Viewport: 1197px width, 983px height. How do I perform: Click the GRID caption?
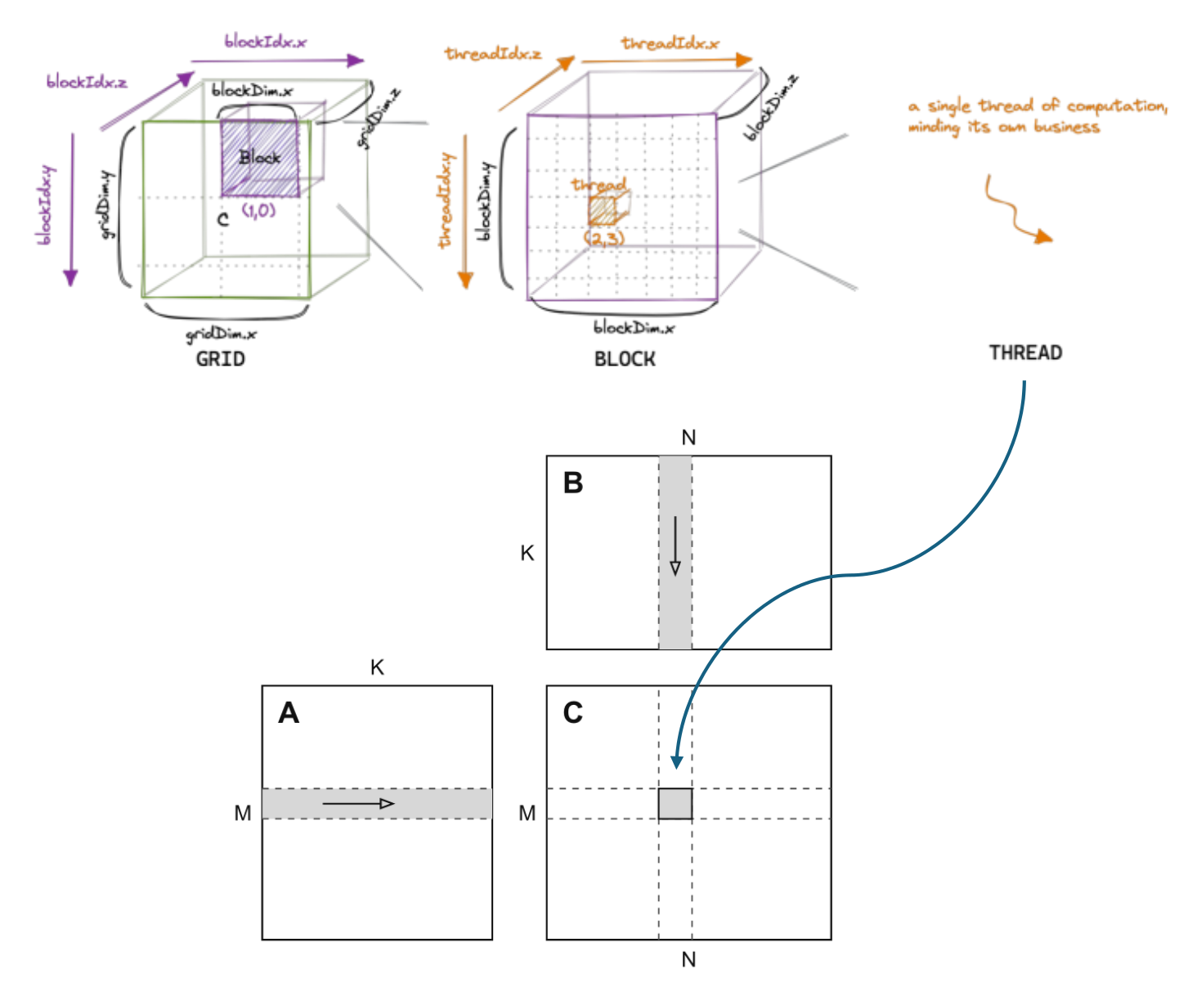click(x=220, y=359)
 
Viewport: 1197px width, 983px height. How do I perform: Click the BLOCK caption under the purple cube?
click(x=625, y=359)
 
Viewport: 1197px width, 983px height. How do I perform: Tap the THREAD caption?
click(x=1025, y=352)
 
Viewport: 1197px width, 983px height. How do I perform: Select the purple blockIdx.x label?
click(x=265, y=41)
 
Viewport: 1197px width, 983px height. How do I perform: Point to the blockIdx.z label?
click(x=87, y=82)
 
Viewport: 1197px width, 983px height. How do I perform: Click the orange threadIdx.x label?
click(x=670, y=43)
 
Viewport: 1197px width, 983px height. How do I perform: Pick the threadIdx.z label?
click(x=493, y=53)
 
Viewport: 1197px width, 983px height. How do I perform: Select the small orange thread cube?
click(x=608, y=209)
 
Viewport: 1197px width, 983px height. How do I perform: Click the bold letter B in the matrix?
click(x=572, y=483)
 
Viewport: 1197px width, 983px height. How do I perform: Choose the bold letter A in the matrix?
click(x=289, y=712)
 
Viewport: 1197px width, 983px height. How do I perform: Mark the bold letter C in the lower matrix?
click(x=572, y=712)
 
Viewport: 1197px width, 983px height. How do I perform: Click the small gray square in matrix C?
click(x=675, y=803)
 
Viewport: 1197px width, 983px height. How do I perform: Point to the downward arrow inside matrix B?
click(x=675, y=545)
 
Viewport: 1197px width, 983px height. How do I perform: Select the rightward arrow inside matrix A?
click(x=358, y=803)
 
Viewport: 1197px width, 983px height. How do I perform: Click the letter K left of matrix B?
click(x=527, y=553)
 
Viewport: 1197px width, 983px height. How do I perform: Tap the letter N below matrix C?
click(x=688, y=959)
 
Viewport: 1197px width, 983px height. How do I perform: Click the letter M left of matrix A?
click(x=242, y=813)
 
